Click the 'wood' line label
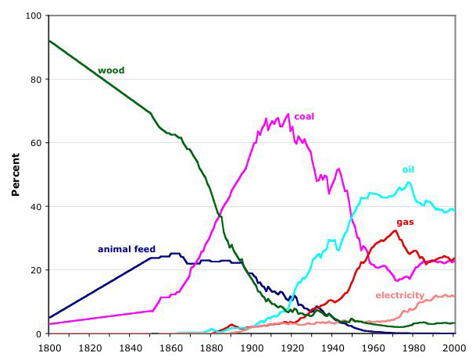click(x=111, y=70)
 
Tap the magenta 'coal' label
click(x=304, y=117)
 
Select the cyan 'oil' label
click(x=409, y=169)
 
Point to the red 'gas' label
click(x=405, y=222)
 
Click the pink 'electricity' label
click(x=399, y=295)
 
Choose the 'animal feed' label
click(x=127, y=249)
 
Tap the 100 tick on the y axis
click(x=33, y=16)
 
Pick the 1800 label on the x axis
click(x=48, y=348)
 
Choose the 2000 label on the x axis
click(x=455, y=348)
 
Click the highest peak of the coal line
click(x=288, y=115)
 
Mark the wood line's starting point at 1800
click(x=49, y=41)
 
